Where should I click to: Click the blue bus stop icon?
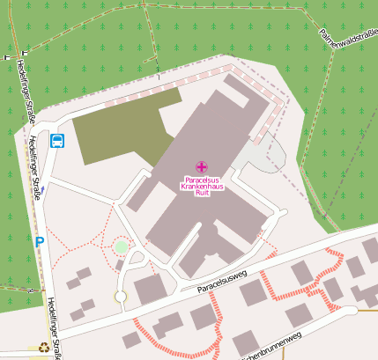tap(57, 140)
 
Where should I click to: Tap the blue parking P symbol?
tap(39, 240)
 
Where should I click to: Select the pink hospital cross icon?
tap(201, 166)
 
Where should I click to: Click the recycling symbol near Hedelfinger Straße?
tap(43, 347)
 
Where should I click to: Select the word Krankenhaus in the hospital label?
tap(201, 187)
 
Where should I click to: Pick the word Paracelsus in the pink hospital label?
tap(201, 180)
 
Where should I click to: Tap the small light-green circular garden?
tap(121, 247)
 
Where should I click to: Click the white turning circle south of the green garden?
tap(121, 296)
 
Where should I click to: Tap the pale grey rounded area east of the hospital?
tap(265, 159)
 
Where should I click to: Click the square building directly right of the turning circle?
tap(150, 290)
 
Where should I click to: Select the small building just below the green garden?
tap(121, 264)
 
